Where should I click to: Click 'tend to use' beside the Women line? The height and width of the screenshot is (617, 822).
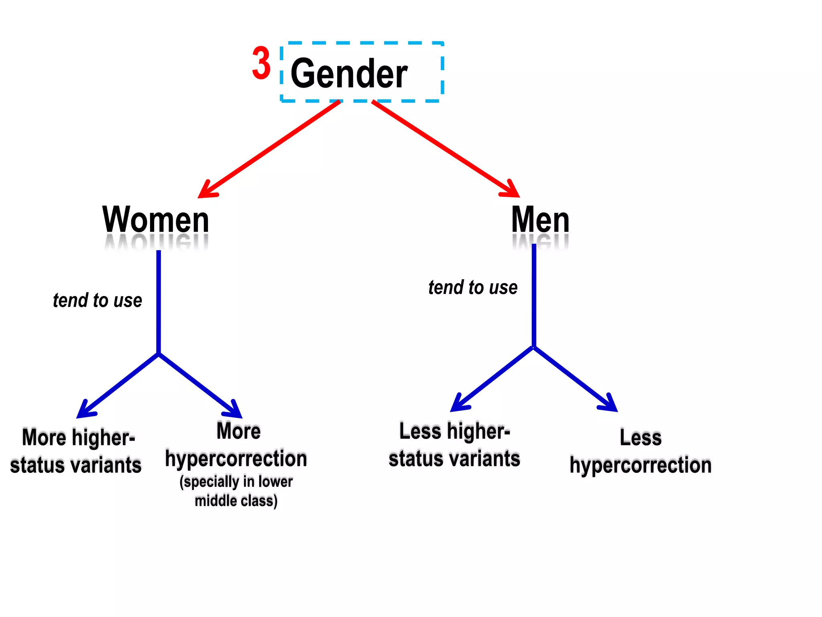98,300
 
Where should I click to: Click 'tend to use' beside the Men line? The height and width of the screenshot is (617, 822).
473,288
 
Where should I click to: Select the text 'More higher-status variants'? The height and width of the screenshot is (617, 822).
76,451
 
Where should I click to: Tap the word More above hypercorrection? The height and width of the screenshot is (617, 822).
238,431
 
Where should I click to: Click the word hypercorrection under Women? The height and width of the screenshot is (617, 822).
236,459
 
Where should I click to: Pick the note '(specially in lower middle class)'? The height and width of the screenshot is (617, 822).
236,491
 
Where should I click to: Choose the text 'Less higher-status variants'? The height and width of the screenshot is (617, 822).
454,445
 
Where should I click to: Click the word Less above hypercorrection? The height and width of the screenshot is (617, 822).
641,437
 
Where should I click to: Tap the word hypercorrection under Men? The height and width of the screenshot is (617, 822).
641,465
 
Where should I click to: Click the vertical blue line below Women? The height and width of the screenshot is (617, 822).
159,301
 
